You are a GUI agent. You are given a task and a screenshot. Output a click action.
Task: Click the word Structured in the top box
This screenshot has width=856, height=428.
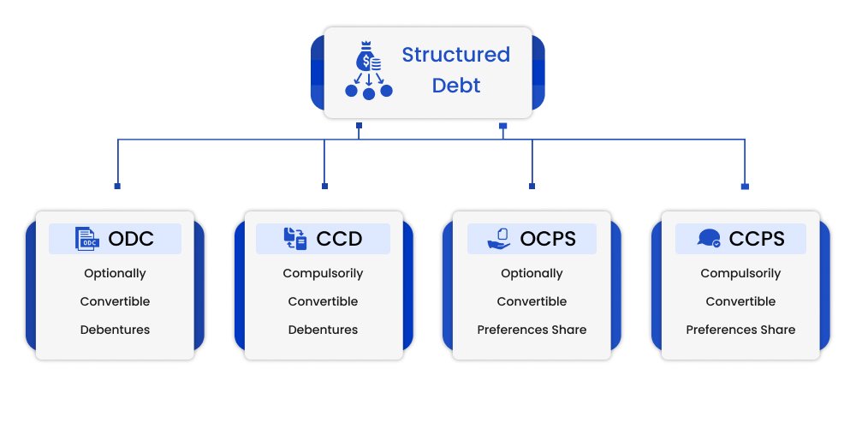[x=455, y=56]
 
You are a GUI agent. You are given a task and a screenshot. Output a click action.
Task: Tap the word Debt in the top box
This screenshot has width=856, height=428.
[x=455, y=86]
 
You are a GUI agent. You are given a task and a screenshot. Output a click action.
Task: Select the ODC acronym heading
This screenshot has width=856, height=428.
[x=131, y=239]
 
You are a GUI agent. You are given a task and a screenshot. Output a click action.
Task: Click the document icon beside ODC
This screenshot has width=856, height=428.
[x=86, y=239]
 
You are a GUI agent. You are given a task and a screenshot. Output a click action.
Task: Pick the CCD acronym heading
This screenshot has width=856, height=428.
[x=340, y=239]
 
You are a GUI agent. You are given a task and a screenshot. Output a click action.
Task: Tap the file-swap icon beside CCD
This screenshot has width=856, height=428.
[x=295, y=239]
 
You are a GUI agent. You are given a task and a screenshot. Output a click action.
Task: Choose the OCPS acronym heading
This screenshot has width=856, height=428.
[x=549, y=239]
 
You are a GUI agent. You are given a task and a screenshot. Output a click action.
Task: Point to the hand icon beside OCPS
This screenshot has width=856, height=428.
[x=499, y=239]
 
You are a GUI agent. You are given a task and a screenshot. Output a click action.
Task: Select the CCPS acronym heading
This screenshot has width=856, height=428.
[x=757, y=239]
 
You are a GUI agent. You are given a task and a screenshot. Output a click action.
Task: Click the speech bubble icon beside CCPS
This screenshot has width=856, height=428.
[x=709, y=239]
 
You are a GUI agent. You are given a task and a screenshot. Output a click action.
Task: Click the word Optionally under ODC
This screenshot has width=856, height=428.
[x=115, y=274]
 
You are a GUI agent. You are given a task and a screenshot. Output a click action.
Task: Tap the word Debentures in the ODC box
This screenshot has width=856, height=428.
[x=115, y=330]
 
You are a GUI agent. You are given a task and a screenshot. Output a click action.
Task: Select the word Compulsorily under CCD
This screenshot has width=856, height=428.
[x=323, y=274]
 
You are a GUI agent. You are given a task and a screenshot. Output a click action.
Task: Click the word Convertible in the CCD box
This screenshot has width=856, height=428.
[x=323, y=301]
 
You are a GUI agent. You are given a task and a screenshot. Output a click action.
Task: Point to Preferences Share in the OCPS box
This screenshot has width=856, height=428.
[x=532, y=330]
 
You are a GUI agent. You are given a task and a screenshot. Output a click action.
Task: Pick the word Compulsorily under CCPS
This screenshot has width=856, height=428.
[x=740, y=274]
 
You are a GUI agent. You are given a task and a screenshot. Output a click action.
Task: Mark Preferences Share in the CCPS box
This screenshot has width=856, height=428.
[x=740, y=330]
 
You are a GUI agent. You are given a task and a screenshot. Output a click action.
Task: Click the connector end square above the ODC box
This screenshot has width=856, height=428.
[x=117, y=186]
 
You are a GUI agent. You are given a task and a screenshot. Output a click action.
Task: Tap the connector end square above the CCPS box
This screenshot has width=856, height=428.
[x=745, y=186]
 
